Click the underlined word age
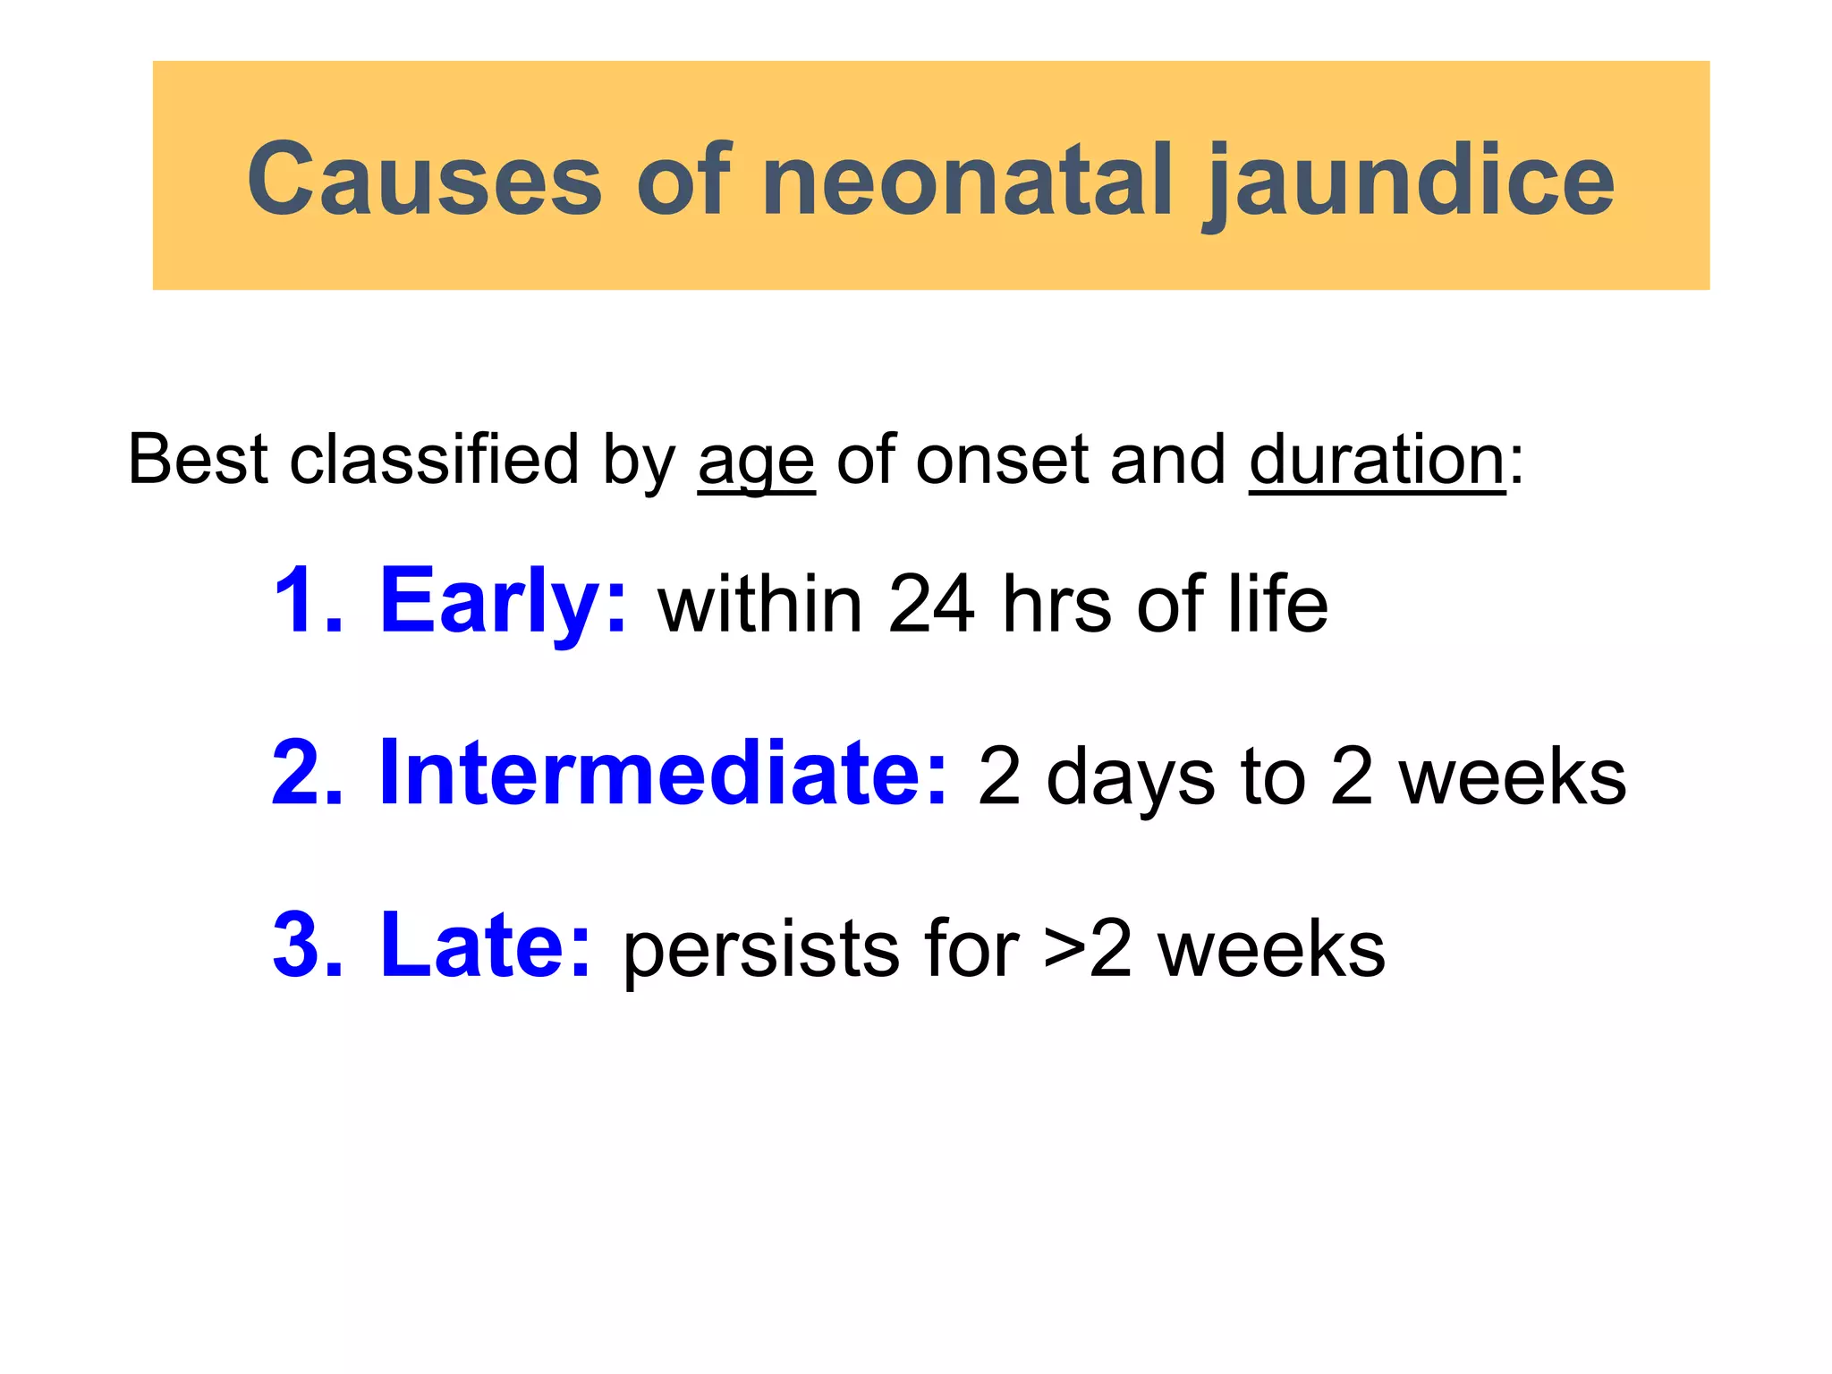(756, 462)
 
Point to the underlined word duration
(1378, 460)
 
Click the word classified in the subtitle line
(434, 460)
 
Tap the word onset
(1002, 460)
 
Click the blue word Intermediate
(662, 773)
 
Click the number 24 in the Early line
(930, 605)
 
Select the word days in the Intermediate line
(1131, 776)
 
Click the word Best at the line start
(198, 460)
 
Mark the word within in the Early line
(760, 605)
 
